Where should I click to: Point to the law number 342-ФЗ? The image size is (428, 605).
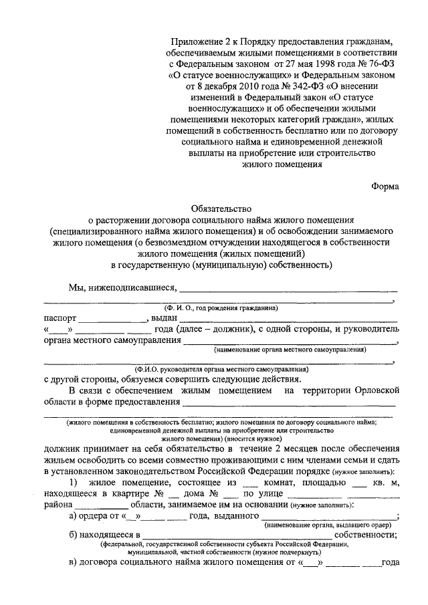coord(279,88)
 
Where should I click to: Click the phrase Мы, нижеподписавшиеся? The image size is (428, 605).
coord(121,288)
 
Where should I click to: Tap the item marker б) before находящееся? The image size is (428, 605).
coord(74,535)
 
